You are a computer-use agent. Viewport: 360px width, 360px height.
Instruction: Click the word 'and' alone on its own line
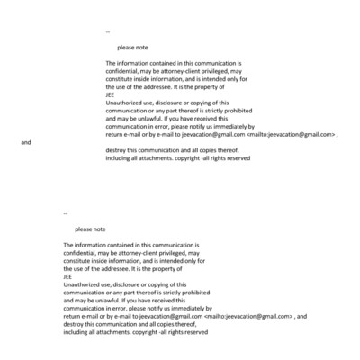(x=26, y=142)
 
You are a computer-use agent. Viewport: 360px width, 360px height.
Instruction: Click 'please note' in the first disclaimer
(x=132, y=47)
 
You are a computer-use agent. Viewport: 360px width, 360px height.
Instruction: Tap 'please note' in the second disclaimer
(x=90, y=229)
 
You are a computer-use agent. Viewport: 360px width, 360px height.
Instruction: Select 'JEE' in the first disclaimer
(x=110, y=94)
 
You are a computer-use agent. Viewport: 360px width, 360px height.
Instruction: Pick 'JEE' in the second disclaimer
(x=67, y=276)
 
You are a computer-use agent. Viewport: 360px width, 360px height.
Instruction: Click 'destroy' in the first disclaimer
(x=116, y=149)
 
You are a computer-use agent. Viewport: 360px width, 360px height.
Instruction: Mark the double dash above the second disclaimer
(x=66, y=213)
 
